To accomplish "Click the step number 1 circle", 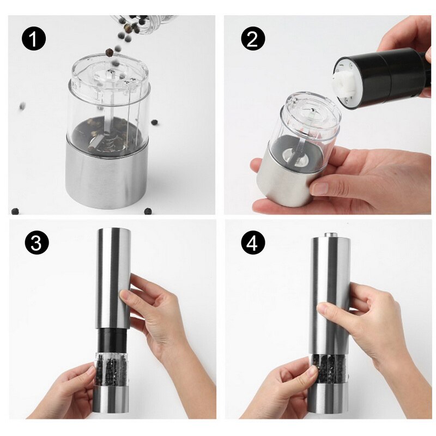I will click(x=34, y=39).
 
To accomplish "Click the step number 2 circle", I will click(x=252, y=39).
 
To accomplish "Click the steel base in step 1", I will click(x=107, y=174).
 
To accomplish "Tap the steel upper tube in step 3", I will click(x=113, y=278).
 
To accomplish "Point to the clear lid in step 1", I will click(x=109, y=76).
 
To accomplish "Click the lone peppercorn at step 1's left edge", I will click(x=23, y=106).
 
